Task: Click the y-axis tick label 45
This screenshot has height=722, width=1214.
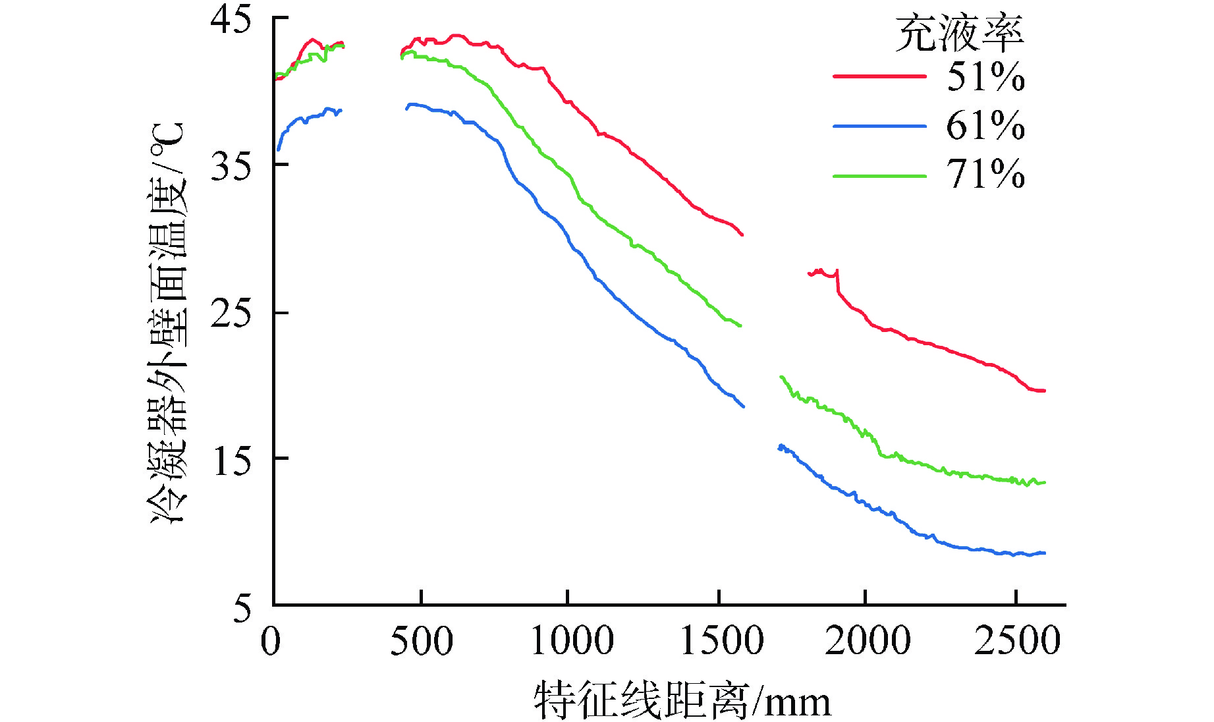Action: pyautogui.click(x=231, y=20)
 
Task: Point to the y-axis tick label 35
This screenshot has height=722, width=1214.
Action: pyautogui.click(x=231, y=167)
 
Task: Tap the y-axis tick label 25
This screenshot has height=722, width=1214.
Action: pyautogui.click(x=231, y=314)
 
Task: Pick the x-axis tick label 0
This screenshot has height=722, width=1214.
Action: pyautogui.click(x=271, y=641)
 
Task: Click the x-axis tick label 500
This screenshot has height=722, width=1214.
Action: pyautogui.click(x=422, y=641)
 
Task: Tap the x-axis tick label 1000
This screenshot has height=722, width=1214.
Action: pyautogui.click(x=572, y=641)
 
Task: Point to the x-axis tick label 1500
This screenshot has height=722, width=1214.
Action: pyautogui.click(x=721, y=641)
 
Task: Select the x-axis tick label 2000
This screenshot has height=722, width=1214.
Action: pyautogui.click(x=868, y=641)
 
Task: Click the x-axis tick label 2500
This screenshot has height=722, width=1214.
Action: pyautogui.click(x=1018, y=641)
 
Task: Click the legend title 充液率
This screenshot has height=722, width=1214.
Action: pyautogui.click(x=959, y=34)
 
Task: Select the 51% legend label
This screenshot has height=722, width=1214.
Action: pyautogui.click(x=985, y=77)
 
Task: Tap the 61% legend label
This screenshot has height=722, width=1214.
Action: pyautogui.click(x=985, y=125)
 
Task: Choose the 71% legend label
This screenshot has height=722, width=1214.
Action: pyautogui.click(x=985, y=175)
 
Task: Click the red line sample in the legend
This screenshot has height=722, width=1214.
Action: pyautogui.click(x=879, y=76)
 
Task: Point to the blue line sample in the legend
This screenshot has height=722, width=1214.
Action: pyautogui.click(x=879, y=126)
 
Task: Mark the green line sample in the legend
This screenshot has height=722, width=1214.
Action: pyautogui.click(x=879, y=176)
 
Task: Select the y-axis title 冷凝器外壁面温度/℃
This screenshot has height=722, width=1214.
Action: pyautogui.click(x=169, y=323)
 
